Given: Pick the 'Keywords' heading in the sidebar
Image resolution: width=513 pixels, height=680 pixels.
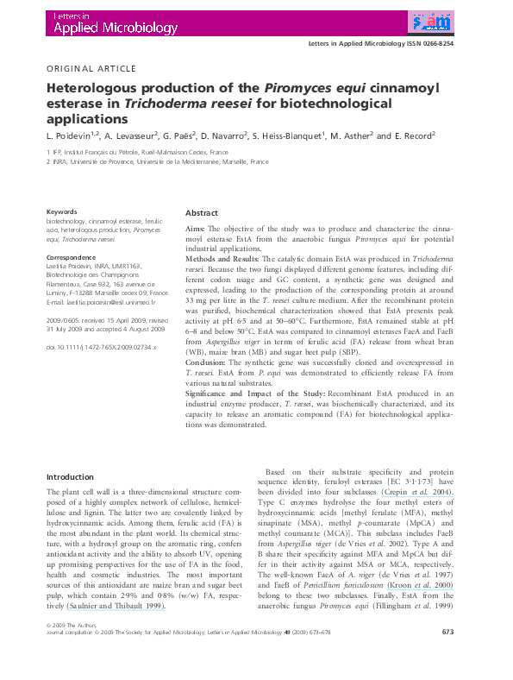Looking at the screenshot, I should click(x=62, y=211).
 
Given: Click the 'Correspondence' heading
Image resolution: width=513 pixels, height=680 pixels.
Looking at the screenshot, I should click(x=71, y=257).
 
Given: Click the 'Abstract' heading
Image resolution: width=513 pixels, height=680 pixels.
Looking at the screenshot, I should click(x=202, y=213).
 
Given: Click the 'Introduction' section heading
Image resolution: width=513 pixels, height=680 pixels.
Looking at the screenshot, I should click(x=70, y=476).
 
